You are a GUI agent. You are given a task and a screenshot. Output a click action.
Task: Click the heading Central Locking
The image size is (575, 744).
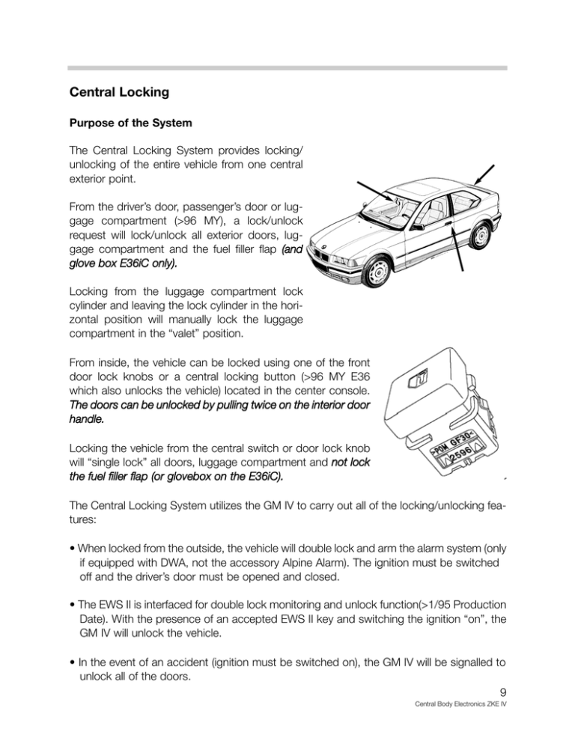click(118, 94)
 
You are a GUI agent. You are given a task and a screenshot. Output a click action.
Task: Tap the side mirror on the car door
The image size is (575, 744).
click(416, 224)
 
